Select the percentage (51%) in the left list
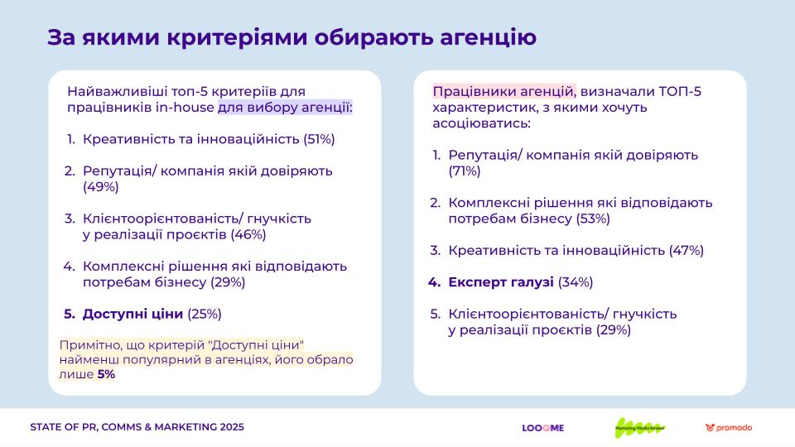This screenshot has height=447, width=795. click(x=319, y=139)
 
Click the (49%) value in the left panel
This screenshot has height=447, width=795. click(x=101, y=187)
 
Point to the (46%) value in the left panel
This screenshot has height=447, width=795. click(x=248, y=234)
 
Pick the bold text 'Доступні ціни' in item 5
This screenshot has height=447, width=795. click(x=132, y=314)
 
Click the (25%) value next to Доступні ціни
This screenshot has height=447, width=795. click(x=205, y=314)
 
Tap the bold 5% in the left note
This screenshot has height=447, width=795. click(x=106, y=374)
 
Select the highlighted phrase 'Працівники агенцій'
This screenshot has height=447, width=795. click(x=503, y=91)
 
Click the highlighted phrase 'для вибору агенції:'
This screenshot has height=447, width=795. click(x=285, y=108)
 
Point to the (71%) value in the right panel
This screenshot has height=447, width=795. click(x=465, y=171)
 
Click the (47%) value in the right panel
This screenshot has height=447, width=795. click(x=686, y=250)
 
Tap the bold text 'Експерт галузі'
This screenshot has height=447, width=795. click(x=501, y=282)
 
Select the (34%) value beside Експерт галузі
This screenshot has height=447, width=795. click(x=576, y=282)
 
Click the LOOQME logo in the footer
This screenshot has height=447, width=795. click(x=542, y=428)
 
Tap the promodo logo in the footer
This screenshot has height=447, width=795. click(x=729, y=428)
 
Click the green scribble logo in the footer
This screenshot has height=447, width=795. click(x=639, y=427)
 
